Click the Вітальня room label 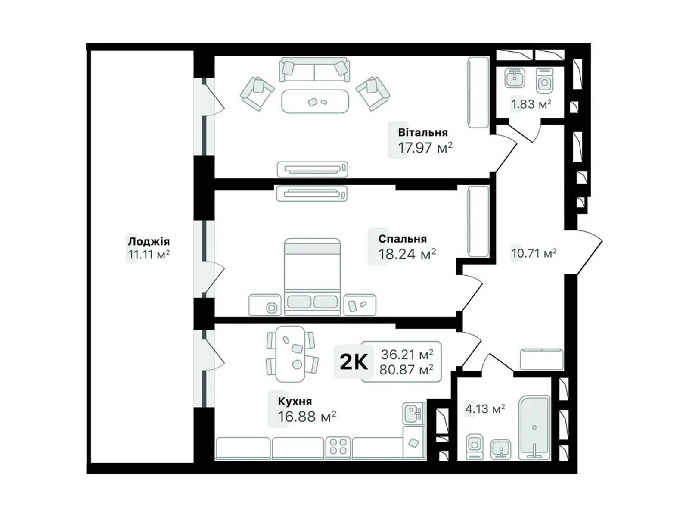point(422,132)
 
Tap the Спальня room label point(402,239)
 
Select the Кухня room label point(295,401)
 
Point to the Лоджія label point(149,242)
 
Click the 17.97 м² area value point(425,147)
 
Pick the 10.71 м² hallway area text point(534,253)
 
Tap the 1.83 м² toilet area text point(531,104)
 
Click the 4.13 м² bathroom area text point(485,409)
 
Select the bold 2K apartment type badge point(354,362)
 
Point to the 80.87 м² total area point(406,370)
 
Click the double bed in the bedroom point(312,277)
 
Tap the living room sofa point(314,69)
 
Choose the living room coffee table point(315,101)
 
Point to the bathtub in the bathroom point(534,428)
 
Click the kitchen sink point(414,414)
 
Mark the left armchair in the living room point(257,94)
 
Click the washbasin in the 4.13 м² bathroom point(501,449)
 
